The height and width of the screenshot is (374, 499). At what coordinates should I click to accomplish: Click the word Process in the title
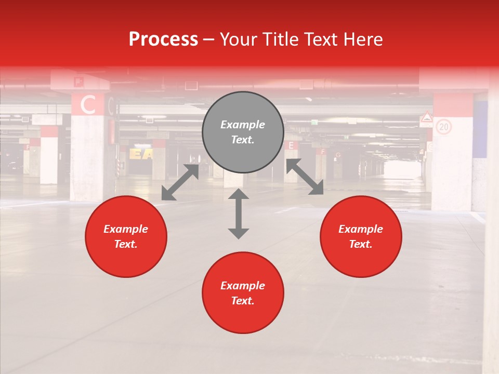163,39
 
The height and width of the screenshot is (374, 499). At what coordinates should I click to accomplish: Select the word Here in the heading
362,39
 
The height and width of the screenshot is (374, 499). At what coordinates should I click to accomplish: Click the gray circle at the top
243,132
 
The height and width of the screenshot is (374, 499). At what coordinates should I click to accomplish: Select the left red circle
126,237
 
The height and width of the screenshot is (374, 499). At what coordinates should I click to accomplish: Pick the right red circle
361,237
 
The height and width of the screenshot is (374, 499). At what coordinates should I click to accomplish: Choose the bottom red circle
243,292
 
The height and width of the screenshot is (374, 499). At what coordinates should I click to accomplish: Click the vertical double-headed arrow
239,213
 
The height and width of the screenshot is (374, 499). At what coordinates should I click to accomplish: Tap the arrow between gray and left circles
180,182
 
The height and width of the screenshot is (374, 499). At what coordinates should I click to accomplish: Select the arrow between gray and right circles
305,177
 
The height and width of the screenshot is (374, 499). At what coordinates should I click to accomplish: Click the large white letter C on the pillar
88,105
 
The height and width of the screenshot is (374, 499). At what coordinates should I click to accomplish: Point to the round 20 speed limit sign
443,126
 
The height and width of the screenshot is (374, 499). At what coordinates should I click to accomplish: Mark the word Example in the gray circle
243,125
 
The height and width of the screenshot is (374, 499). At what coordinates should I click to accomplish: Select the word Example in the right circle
361,229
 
